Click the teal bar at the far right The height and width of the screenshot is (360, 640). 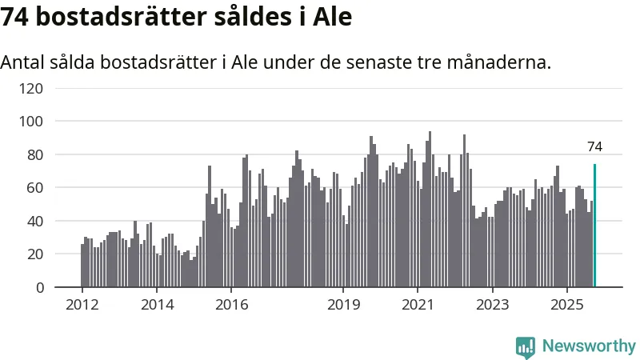click(x=594, y=226)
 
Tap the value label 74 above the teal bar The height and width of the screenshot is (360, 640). click(x=594, y=146)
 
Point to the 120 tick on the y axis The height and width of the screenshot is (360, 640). click(x=31, y=88)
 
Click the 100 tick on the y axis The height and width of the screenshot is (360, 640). click(x=31, y=121)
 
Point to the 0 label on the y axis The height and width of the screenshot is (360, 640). click(x=39, y=287)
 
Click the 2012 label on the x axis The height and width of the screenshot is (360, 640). click(x=82, y=305)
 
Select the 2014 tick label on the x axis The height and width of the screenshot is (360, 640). click(x=156, y=305)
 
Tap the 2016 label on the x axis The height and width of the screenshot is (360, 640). click(x=230, y=305)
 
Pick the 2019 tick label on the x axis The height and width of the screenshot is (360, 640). click(x=343, y=305)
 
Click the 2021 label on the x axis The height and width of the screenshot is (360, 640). click(x=418, y=305)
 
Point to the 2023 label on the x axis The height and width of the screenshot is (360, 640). click(x=492, y=305)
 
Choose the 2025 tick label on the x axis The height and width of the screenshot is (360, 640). click(x=566, y=305)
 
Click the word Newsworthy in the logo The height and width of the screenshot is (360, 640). click(x=589, y=346)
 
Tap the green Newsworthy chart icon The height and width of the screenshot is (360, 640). click(x=526, y=347)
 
